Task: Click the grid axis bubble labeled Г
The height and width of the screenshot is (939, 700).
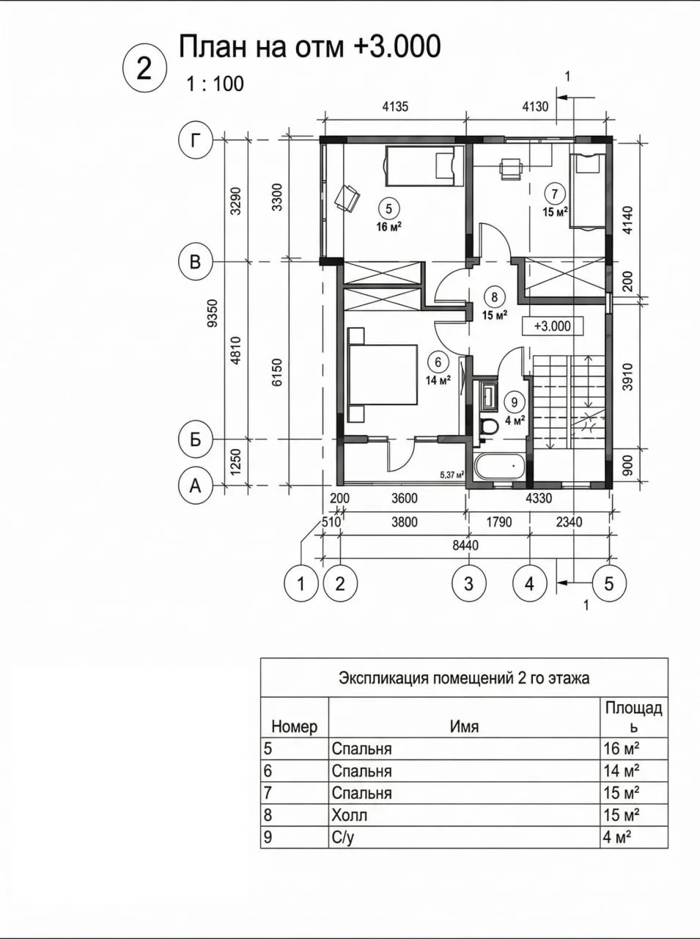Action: (x=195, y=140)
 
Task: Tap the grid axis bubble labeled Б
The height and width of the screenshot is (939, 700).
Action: (x=195, y=439)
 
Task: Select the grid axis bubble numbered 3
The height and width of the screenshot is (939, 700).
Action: (x=469, y=583)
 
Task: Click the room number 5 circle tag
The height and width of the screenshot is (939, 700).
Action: (x=388, y=209)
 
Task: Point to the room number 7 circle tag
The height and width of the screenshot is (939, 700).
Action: (x=554, y=194)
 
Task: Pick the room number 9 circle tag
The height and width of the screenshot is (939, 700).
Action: (x=514, y=402)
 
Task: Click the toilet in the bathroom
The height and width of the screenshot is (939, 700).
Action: (x=488, y=428)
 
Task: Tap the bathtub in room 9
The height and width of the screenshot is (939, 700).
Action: (x=500, y=467)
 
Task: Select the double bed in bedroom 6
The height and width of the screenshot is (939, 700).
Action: (x=383, y=375)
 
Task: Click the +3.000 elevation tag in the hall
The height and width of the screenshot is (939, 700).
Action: (x=553, y=326)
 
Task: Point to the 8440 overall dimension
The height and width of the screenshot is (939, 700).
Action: (x=466, y=546)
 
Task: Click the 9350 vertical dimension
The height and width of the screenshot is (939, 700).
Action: (x=213, y=313)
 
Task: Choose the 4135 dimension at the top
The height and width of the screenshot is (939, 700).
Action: (x=395, y=106)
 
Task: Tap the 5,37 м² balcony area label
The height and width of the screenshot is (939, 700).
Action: (x=452, y=475)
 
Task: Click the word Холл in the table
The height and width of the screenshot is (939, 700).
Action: (x=349, y=815)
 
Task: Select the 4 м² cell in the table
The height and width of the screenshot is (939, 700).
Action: (x=616, y=837)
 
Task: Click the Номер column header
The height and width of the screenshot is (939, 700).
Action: (x=295, y=726)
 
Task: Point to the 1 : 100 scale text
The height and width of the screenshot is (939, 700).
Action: (x=215, y=84)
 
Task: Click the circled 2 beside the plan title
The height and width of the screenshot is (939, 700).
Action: (x=144, y=69)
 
